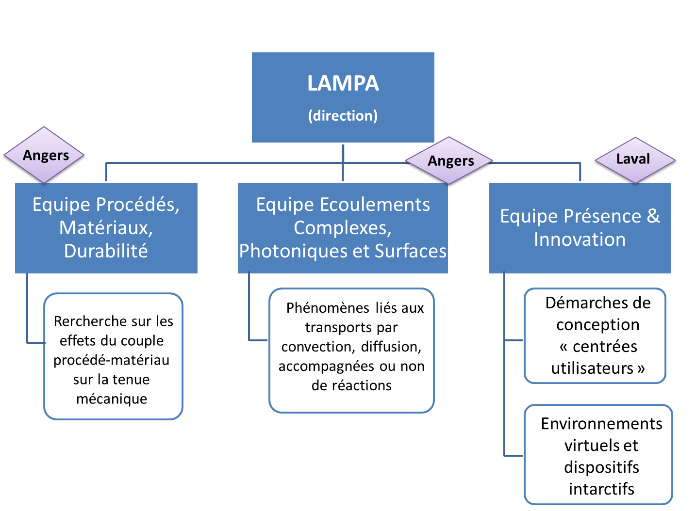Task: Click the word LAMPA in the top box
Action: [x=343, y=83]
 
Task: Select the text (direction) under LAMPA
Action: [x=343, y=116]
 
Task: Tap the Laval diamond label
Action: [x=633, y=159]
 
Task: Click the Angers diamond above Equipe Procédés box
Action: [x=46, y=155]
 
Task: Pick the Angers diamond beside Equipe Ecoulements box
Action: [x=450, y=161]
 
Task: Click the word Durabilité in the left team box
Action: [x=106, y=251]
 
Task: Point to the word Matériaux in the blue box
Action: [x=105, y=227]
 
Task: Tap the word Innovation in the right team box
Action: [x=580, y=240]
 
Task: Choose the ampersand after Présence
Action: [x=653, y=216]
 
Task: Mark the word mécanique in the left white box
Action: [x=112, y=399]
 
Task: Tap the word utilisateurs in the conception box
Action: [x=592, y=368]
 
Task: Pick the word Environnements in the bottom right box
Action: [x=601, y=424]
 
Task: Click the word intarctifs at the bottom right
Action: [x=601, y=489]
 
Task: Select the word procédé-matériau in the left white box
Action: [x=112, y=360]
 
